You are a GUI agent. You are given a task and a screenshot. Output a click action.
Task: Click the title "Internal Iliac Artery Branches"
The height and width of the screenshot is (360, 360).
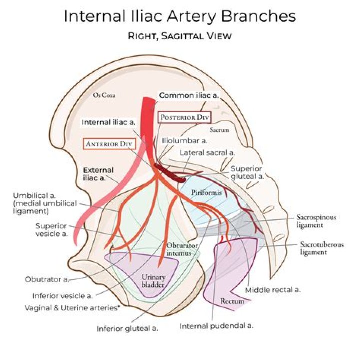point(179,16)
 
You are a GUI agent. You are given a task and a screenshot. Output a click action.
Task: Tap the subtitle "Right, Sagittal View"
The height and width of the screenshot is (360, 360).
point(179,36)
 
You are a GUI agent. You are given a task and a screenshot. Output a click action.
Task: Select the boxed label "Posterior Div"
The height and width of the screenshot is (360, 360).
point(185,117)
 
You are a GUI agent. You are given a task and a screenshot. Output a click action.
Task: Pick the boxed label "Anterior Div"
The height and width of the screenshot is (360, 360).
point(107,143)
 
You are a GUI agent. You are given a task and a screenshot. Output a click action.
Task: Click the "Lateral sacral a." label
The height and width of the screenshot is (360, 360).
point(208,152)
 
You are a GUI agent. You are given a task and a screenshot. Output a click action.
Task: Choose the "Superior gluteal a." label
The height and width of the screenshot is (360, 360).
point(247,172)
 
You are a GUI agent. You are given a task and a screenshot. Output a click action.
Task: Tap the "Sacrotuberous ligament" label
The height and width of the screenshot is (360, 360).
point(320,248)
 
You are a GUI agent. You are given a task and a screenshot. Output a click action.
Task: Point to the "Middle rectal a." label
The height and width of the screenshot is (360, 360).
point(272,289)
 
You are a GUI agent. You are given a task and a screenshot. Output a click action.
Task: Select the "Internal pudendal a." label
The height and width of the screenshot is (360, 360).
point(216,325)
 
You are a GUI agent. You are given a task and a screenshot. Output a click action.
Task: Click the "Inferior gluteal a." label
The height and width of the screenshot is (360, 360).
point(127,328)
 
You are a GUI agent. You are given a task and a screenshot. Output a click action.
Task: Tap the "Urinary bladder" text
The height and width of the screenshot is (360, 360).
point(153,280)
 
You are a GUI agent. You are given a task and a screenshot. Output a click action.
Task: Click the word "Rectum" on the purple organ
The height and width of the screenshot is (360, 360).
point(232,301)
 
